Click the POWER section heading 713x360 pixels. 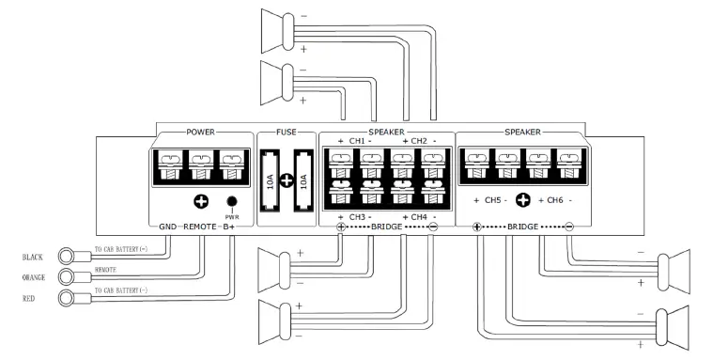point(201,133)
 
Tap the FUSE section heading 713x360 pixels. point(287,133)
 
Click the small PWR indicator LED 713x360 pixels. point(230,201)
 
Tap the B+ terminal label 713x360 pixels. point(230,227)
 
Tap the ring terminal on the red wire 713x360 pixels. point(69,299)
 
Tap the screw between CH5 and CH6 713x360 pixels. point(522,200)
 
